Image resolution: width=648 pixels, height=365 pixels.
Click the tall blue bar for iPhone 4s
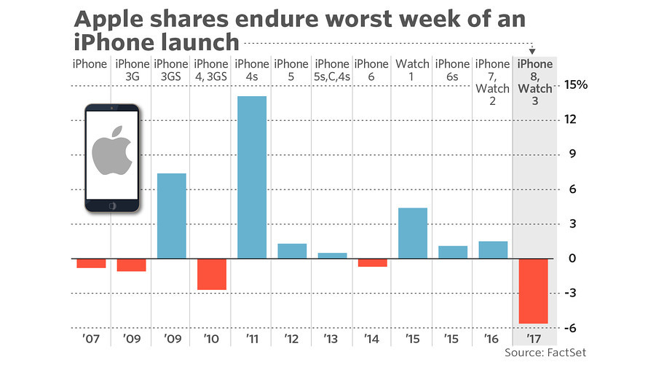tap(252, 177)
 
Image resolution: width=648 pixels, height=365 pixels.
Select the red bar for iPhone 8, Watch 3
tap(533, 291)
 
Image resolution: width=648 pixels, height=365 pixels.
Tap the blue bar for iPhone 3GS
tap(172, 216)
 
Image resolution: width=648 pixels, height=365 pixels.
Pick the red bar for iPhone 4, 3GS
tap(212, 274)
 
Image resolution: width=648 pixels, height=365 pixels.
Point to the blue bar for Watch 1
tap(413, 233)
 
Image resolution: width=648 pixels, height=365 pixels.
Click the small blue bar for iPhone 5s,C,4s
tap(332, 256)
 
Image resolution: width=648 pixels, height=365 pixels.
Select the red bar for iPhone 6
tap(373, 262)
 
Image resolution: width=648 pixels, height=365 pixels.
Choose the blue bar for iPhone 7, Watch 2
tap(493, 250)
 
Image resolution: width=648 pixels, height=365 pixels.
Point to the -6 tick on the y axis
tap(573, 328)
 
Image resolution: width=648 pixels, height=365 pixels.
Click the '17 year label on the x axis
tap(533, 340)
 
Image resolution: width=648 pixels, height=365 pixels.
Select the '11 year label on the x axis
tap(252, 340)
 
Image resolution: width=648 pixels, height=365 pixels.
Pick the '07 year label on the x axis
tap(91, 340)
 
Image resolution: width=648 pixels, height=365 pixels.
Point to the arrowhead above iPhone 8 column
tap(533, 51)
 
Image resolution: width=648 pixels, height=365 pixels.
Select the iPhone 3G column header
tap(131, 71)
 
